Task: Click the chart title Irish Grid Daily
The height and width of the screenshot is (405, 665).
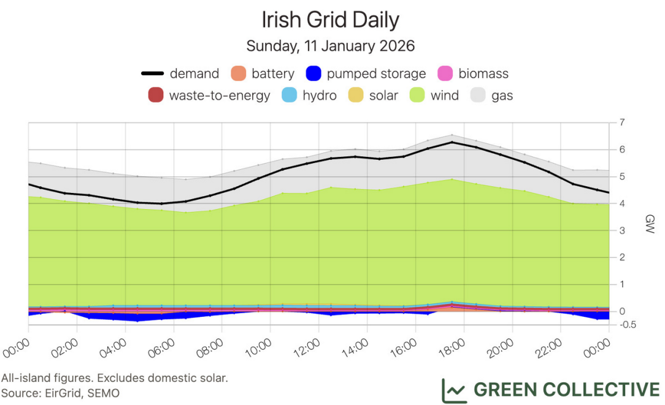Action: tap(331, 20)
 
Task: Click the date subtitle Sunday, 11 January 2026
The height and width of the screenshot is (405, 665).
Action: tap(331, 46)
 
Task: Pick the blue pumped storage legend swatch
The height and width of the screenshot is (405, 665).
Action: tap(313, 74)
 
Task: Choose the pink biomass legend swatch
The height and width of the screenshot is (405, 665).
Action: tap(445, 74)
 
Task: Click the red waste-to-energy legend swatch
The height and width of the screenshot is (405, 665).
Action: tap(156, 96)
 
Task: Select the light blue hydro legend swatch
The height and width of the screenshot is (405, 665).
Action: tap(289, 96)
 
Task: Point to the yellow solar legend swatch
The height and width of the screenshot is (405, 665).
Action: tap(356, 96)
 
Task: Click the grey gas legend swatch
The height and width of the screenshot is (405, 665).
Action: tap(478, 96)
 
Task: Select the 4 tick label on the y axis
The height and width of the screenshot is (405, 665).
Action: tap(622, 203)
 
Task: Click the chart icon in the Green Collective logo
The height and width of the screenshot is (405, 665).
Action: tap(454, 390)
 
